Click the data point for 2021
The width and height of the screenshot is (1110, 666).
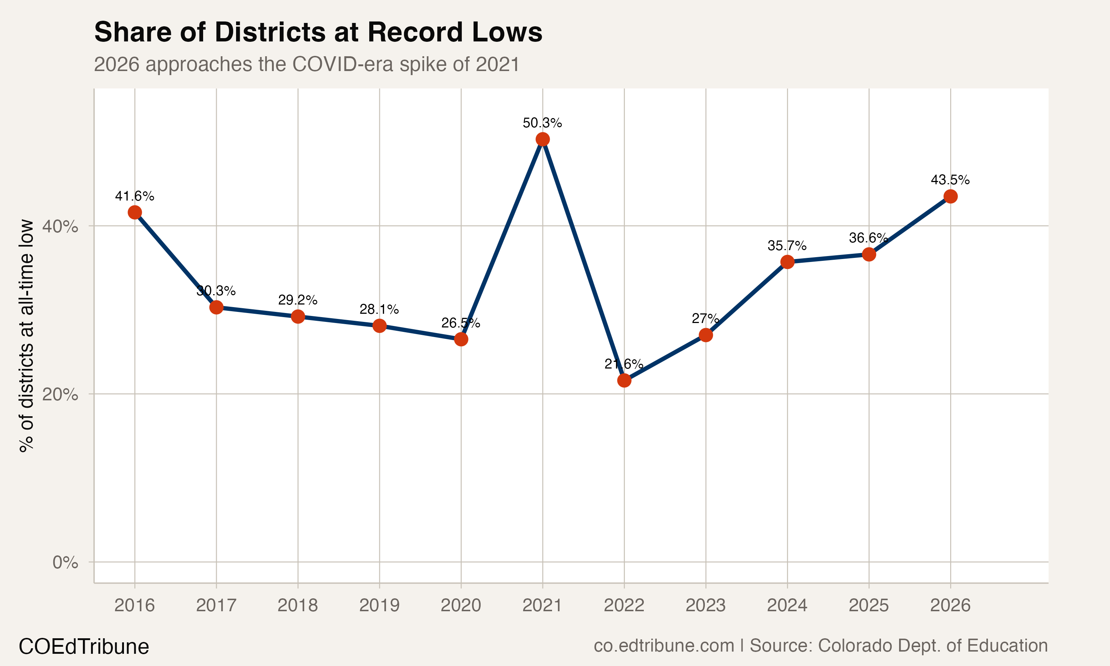(542, 139)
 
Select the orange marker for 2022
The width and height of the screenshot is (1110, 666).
(624, 381)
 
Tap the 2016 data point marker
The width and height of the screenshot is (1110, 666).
(135, 212)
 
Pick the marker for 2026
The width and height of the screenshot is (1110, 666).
(950, 196)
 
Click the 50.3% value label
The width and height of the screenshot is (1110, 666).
(542, 123)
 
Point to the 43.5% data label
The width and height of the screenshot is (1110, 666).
(950, 180)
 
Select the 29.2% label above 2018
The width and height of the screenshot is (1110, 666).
(297, 300)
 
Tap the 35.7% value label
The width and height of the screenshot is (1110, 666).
(787, 245)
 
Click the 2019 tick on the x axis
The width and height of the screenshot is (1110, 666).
(379, 605)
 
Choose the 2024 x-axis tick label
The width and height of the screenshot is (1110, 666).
(787, 605)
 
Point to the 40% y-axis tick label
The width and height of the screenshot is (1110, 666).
(60, 227)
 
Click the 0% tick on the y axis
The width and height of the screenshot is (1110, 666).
(65, 562)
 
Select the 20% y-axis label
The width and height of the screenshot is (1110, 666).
(60, 394)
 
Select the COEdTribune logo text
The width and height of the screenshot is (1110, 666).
(84, 647)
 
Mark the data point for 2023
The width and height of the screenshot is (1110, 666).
(706, 335)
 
